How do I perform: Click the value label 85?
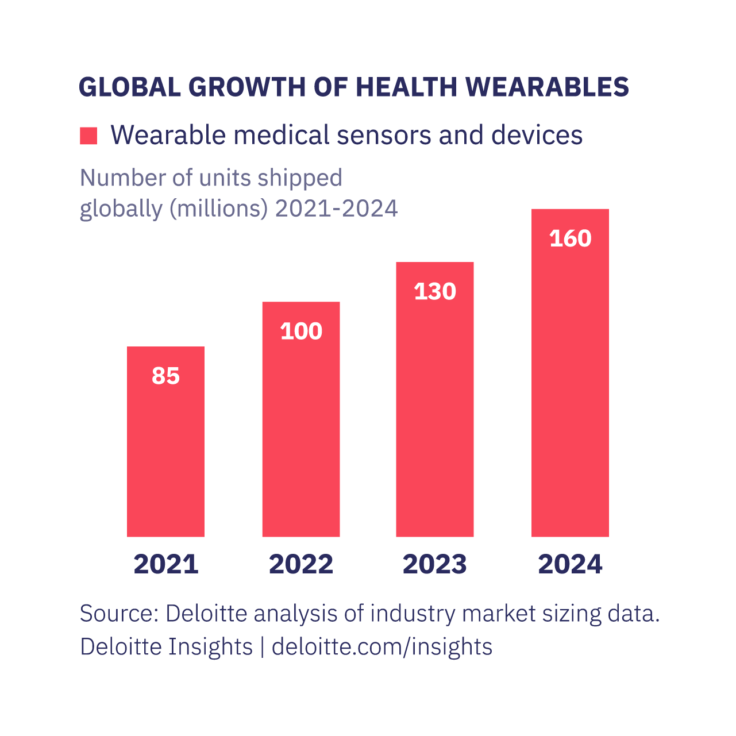165,376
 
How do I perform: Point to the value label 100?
301,331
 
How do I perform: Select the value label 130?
435,291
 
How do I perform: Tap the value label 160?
570,238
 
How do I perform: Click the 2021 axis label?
165,564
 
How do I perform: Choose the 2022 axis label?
301,564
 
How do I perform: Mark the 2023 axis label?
435,564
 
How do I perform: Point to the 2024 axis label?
570,564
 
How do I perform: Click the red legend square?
88,136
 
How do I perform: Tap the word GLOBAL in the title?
130,87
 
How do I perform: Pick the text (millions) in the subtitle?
219,208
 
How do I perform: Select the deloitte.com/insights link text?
382,646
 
